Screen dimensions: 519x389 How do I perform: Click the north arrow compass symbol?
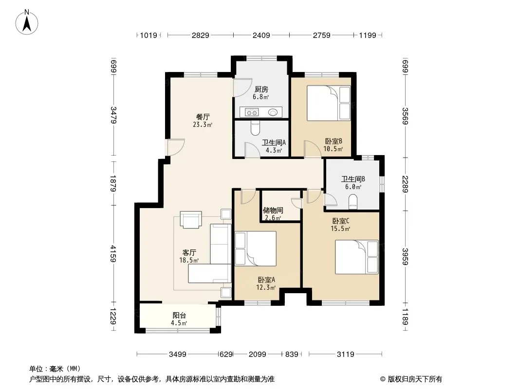coord(27,22)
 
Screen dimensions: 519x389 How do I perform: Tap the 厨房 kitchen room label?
coord(261,89)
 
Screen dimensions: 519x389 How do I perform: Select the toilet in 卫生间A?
coord(255,128)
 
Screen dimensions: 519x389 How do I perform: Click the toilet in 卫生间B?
coord(353,202)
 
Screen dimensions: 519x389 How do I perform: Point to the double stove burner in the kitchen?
coord(251,113)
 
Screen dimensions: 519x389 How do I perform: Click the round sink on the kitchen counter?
coord(273,112)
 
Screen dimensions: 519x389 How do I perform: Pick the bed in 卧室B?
coord(328,103)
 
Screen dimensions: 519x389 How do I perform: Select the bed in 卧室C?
coord(356,257)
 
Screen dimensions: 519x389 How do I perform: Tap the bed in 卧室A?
coord(255,248)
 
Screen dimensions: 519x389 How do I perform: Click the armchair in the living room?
coord(191,219)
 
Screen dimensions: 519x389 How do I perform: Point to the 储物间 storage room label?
coord(273,210)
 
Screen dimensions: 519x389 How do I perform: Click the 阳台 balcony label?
coord(179,316)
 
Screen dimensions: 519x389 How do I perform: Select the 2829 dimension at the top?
coord(200,35)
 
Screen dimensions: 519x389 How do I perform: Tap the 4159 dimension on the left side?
coord(113,253)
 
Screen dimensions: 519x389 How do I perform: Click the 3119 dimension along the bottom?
coord(345,354)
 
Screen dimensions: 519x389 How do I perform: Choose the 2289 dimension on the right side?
coord(405,184)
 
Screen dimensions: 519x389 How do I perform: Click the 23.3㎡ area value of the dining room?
coord(202,124)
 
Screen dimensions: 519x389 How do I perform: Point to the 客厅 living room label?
coord(189,253)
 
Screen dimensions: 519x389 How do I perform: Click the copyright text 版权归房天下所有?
coord(415,379)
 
